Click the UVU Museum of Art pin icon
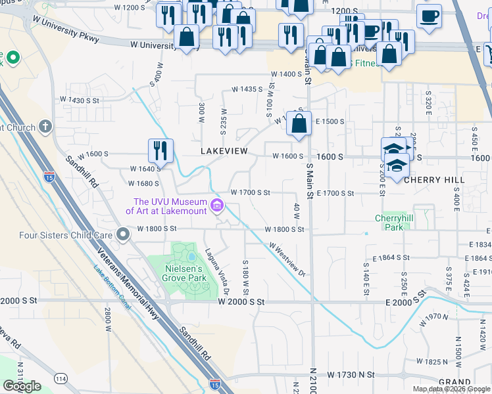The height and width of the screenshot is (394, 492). click(x=216, y=206)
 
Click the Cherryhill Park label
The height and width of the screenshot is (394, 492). click(x=393, y=223)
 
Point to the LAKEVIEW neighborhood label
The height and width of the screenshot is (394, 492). click(x=224, y=151)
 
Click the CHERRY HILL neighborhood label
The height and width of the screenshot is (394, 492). click(x=434, y=179)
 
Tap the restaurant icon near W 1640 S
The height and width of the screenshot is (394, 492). click(x=160, y=151)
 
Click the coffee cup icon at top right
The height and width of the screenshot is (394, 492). click(x=429, y=16)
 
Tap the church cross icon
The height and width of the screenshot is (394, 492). click(x=45, y=125)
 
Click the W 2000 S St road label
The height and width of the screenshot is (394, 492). click(x=241, y=301)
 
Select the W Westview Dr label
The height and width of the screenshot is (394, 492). click(x=287, y=257)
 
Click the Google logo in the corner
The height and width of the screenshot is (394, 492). click(x=22, y=386)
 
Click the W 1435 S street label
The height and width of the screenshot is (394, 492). click(x=246, y=89)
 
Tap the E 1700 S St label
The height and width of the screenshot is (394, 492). click(x=335, y=193)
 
